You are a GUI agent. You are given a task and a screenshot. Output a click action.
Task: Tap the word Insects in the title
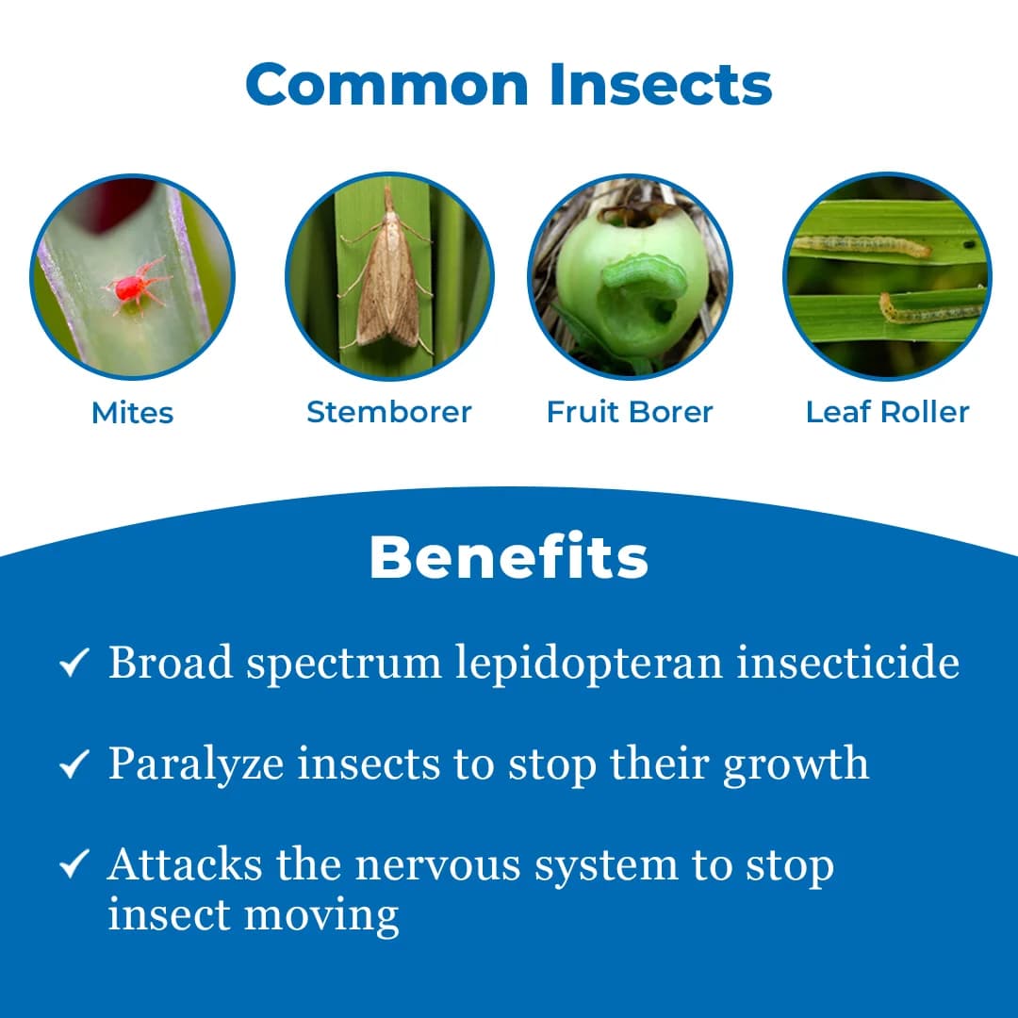tap(661, 84)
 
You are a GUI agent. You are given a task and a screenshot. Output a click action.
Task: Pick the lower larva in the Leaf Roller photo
tap(928, 309)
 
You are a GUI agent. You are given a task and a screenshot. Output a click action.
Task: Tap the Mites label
tap(133, 413)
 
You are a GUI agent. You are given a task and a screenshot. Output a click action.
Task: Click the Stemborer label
tap(389, 412)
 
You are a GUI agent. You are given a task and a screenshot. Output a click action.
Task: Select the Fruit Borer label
tap(630, 412)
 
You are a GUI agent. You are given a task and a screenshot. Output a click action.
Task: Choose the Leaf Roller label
tap(887, 412)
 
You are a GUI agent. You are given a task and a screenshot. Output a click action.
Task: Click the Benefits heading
tap(509, 557)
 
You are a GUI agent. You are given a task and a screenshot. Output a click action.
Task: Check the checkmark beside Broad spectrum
tap(74, 664)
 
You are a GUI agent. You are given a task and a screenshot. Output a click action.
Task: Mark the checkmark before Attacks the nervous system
tap(74, 864)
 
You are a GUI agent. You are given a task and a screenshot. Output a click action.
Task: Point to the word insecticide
tap(848, 662)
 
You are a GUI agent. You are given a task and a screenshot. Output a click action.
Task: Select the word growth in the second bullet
tap(796, 764)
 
